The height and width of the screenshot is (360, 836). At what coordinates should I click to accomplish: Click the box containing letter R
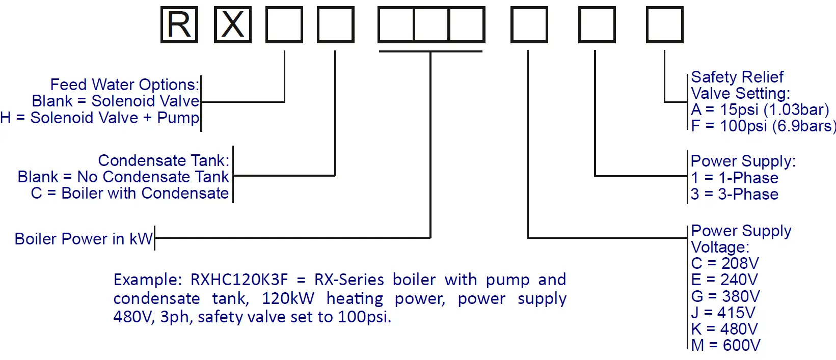point(179,24)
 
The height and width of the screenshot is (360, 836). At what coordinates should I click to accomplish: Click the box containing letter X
point(233,24)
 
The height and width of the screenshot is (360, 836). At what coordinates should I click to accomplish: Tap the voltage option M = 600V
point(725,345)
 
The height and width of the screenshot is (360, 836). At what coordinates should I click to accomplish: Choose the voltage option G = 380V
point(725,296)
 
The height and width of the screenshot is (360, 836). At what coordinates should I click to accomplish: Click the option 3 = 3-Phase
point(734,194)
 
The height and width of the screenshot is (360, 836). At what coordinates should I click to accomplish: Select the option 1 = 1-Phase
point(734,178)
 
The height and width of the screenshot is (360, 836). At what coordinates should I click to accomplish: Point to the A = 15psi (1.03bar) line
point(760,109)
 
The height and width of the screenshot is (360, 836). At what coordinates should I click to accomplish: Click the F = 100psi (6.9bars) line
point(763,126)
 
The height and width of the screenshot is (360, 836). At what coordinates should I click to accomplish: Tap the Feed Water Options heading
point(124,85)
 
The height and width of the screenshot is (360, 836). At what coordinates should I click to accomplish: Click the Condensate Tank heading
point(163,160)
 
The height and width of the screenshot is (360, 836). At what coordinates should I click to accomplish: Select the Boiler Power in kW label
point(84,239)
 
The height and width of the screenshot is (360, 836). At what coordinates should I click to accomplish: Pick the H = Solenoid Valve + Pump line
point(100,118)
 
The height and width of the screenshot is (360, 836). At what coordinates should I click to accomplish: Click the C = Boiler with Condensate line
point(130,193)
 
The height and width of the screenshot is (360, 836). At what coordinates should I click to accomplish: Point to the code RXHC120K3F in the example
point(239,280)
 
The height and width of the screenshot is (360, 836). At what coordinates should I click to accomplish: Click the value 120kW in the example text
point(288,298)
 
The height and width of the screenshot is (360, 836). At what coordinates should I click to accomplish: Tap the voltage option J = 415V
point(723,313)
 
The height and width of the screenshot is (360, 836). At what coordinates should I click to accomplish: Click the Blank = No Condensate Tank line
point(123,177)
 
